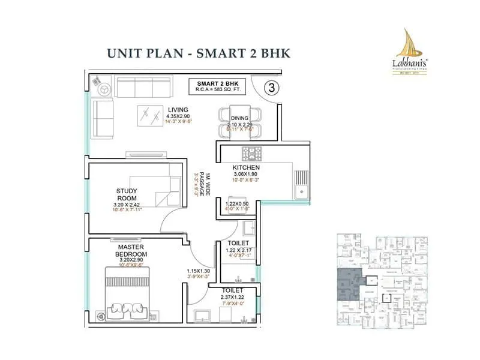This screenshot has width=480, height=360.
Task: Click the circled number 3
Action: pyautogui.click(x=272, y=88)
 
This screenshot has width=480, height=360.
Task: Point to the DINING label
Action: pyautogui.click(x=240, y=119)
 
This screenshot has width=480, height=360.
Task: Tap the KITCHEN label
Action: pyautogui.click(x=246, y=167)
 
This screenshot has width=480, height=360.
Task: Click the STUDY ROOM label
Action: pyautogui.click(x=127, y=195)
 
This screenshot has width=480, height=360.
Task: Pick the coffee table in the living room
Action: pyautogui.click(x=148, y=112)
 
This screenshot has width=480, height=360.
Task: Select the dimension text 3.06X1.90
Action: pyautogui.click(x=246, y=175)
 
